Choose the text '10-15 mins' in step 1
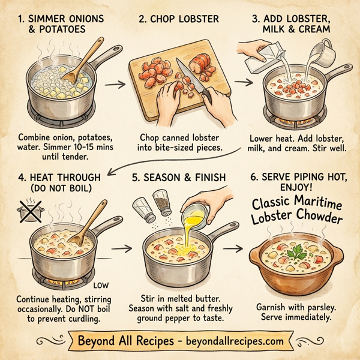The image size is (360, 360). click(x=79, y=148)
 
